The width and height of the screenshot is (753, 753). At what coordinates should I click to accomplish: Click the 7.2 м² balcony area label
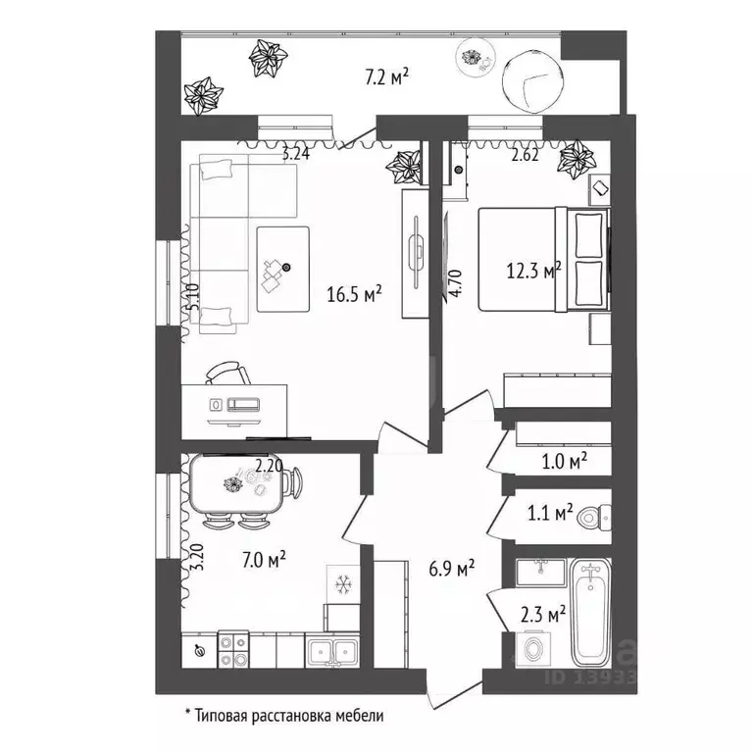[386, 76]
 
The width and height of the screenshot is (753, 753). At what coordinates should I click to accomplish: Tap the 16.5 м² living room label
[354, 293]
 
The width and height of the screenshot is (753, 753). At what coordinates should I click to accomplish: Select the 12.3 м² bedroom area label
[534, 271]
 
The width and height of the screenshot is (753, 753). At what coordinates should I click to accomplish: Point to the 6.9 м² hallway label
[451, 569]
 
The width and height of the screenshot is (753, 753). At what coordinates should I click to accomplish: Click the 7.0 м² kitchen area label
[264, 560]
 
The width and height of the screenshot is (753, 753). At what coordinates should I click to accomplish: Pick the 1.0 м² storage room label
[565, 462]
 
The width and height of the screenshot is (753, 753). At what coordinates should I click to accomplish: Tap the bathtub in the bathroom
[590, 613]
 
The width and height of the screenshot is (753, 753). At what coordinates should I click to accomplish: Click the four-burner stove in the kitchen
[233, 649]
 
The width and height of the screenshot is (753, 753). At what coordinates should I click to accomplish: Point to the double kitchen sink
[331, 650]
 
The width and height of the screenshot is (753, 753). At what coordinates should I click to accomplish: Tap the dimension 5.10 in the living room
[193, 298]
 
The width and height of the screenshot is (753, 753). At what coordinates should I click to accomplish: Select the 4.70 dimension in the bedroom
[456, 283]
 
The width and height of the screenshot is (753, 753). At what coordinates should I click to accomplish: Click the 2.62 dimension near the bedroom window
[525, 155]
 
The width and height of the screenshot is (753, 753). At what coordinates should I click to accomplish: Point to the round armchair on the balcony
[531, 81]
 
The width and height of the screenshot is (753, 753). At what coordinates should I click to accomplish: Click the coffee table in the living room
[282, 270]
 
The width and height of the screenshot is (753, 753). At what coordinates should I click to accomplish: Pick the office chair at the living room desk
[228, 374]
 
